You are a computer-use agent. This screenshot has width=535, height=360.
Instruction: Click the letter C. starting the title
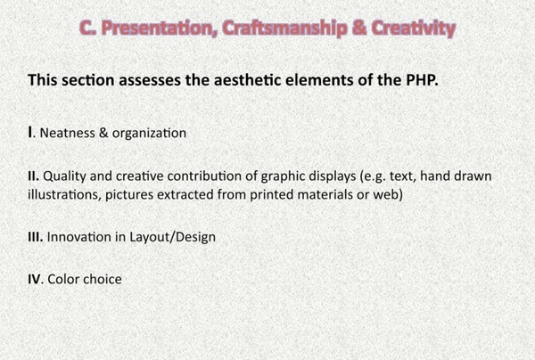pyautogui.click(x=87, y=29)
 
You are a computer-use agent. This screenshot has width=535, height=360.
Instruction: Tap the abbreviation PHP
pyautogui.click(x=422, y=80)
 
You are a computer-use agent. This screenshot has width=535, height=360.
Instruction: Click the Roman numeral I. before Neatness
pyautogui.click(x=32, y=133)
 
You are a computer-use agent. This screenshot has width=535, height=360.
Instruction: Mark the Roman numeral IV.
pyautogui.click(x=35, y=280)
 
